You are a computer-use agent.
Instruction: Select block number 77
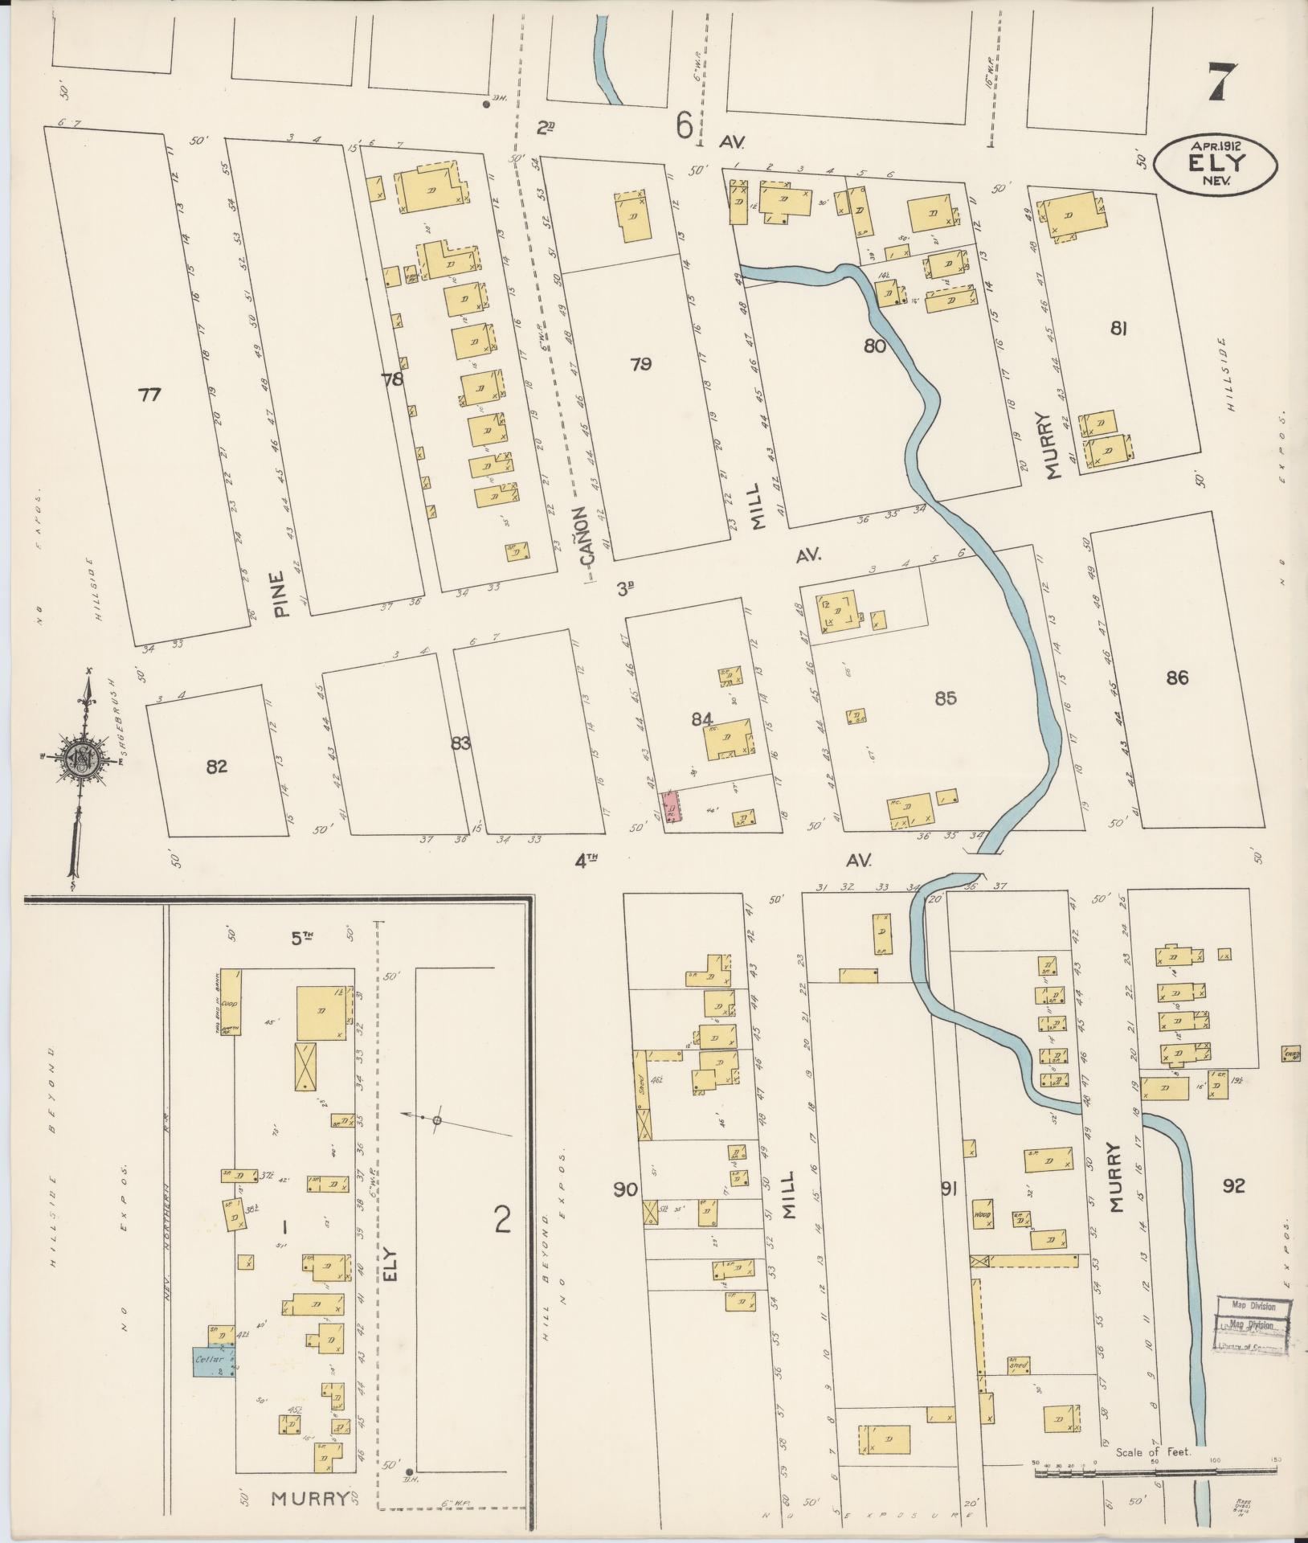149,395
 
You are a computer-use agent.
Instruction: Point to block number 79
640,364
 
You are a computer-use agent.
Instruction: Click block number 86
1177,678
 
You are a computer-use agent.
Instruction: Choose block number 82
216,766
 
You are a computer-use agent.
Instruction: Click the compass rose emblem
80,755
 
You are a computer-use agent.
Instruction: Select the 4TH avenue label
587,861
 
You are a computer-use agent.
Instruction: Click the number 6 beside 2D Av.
684,126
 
